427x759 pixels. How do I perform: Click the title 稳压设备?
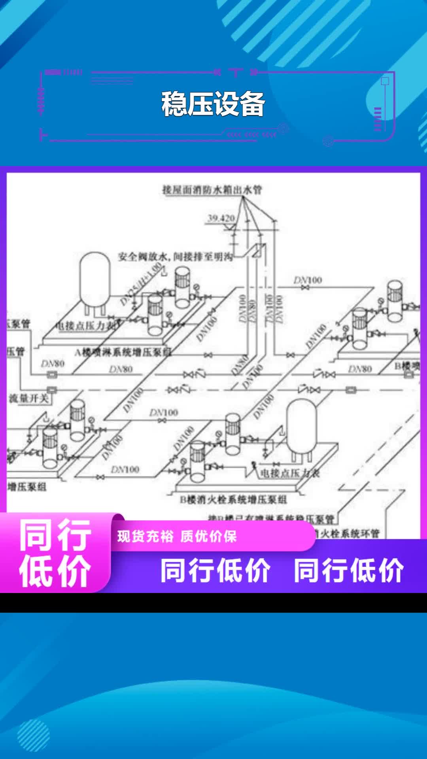(x=213, y=104)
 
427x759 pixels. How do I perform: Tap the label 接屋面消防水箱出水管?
(x=212, y=190)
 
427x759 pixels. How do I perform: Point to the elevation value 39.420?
(x=221, y=218)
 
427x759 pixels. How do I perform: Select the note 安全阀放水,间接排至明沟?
(x=175, y=257)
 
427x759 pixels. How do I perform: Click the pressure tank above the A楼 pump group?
(x=95, y=279)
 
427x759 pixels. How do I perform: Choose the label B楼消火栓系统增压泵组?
(x=233, y=500)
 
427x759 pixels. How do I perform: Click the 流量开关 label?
(x=28, y=398)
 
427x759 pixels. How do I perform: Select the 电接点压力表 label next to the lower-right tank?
(x=289, y=473)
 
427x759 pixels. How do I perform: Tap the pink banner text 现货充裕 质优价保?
(x=177, y=536)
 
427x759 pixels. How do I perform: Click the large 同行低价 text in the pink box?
(x=55, y=553)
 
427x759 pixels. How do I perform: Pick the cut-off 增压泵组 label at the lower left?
(x=27, y=487)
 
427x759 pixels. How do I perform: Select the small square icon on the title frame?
(x=385, y=81)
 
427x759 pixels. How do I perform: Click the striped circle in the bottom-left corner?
(x=33, y=735)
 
